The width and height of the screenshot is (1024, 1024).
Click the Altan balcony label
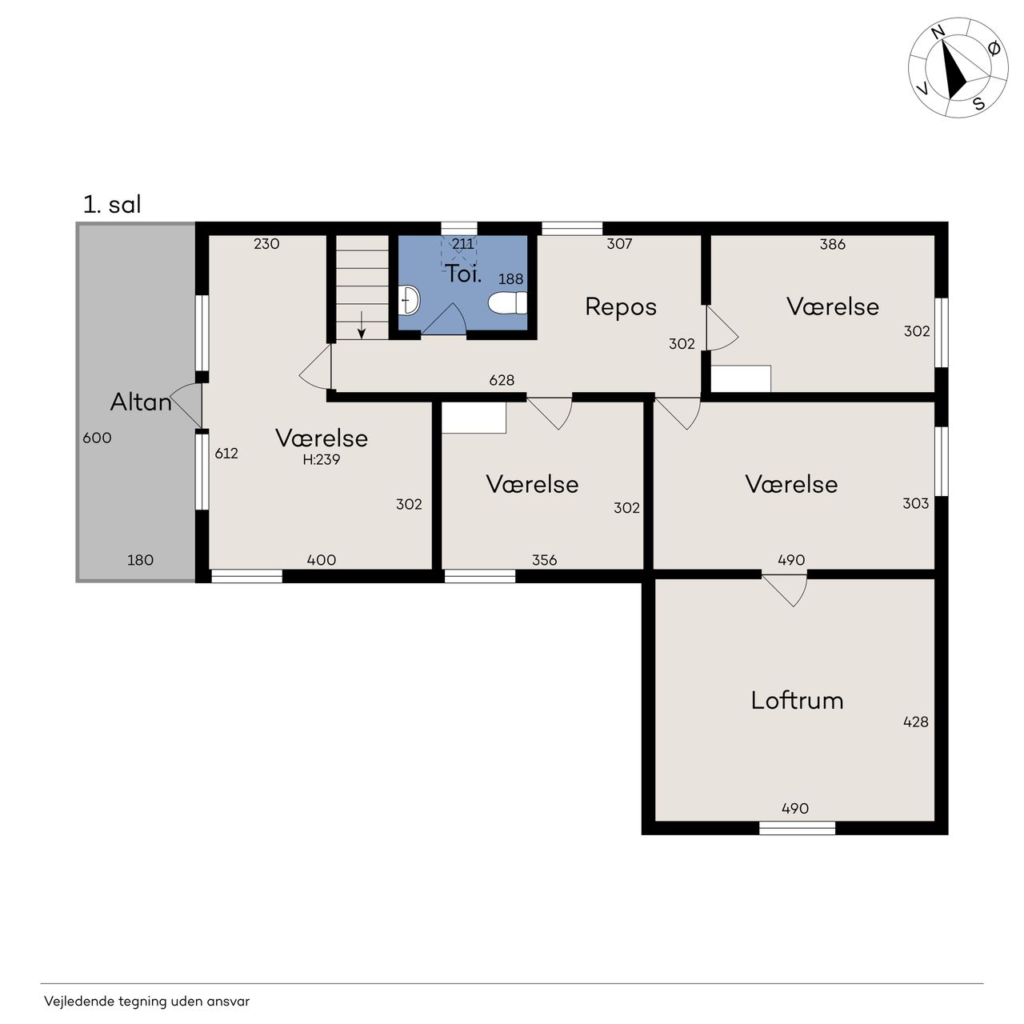point(141,402)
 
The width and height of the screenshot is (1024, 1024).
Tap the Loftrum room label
point(797,700)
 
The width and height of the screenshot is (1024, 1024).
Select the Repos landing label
point(621,307)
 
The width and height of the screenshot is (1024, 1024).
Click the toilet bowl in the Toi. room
point(507,303)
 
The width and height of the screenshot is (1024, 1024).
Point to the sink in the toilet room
point(409,300)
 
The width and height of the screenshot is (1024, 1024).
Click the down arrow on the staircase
point(362,325)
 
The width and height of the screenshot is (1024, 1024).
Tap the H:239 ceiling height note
point(321,460)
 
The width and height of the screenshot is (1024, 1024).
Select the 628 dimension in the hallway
point(502,380)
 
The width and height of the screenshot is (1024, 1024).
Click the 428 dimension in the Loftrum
point(915,722)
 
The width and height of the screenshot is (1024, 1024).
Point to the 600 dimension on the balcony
point(98,438)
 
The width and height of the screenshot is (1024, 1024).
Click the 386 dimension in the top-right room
point(832,244)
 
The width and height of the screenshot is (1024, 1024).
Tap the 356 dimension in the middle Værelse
point(544,559)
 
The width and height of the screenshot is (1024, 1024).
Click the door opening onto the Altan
point(186,405)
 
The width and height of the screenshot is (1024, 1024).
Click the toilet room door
point(444,319)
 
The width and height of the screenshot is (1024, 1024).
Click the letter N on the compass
point(938,33)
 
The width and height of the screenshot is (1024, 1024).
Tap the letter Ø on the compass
point(993,49)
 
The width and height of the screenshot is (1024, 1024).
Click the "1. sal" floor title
point(112,205)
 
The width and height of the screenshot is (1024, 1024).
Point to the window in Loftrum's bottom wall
point(797,828)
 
